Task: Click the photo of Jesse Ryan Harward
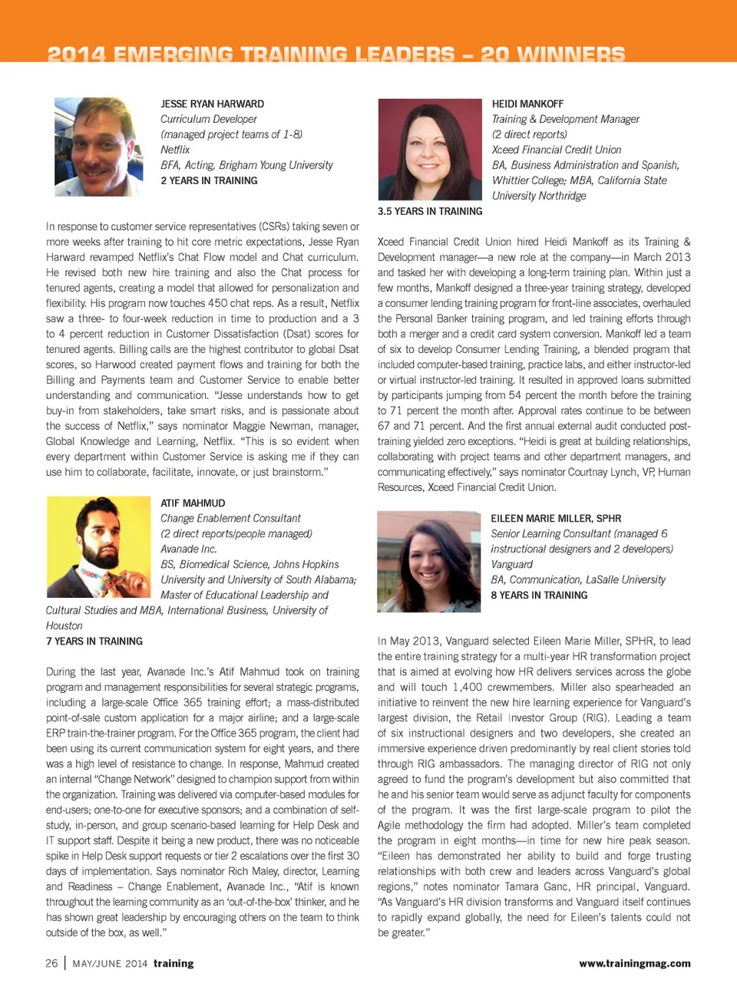[98, 147]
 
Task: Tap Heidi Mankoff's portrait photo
[429, 149]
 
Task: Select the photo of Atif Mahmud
[98, 546]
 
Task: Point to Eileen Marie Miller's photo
[428, 561]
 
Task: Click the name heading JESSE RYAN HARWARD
[212, 104]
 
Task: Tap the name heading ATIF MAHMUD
[193, 503]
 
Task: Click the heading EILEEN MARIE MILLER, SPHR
[556, 518]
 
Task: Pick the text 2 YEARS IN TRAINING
[209, 180]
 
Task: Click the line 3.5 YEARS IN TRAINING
[430, 211]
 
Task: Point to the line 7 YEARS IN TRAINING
[94, 641]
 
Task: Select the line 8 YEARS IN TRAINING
[539, 595]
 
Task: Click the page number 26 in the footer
[51, 963]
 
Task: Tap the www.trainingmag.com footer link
[634, 963]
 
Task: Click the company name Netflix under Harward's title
[175, 150]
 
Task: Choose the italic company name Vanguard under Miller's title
[511, 564]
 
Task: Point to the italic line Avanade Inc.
[189, 549]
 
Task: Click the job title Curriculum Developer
[209, 119]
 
